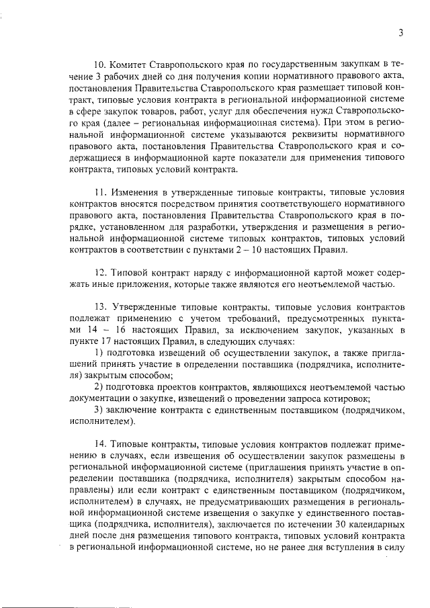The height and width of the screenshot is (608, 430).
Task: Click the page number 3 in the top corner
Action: point(400,32)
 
